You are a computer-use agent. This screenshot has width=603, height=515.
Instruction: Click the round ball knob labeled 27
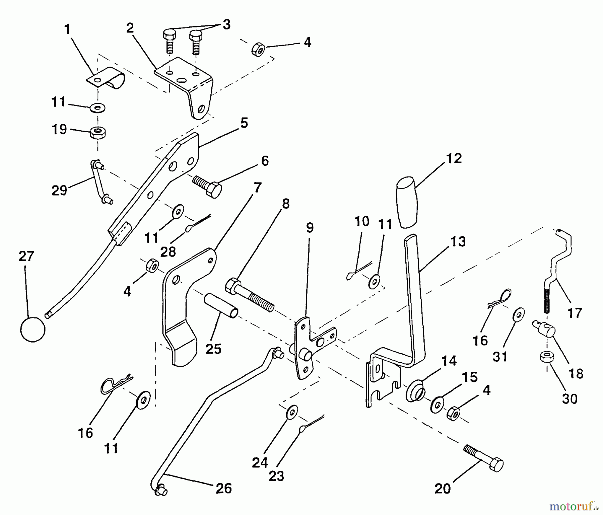32,329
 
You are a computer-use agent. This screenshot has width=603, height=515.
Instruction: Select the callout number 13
458,241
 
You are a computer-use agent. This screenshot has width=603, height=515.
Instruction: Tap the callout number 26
224,489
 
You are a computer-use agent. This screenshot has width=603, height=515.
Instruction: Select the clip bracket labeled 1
107,78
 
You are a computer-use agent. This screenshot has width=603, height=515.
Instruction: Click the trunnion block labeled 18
544,328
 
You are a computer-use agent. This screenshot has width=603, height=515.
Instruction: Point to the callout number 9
310,228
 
